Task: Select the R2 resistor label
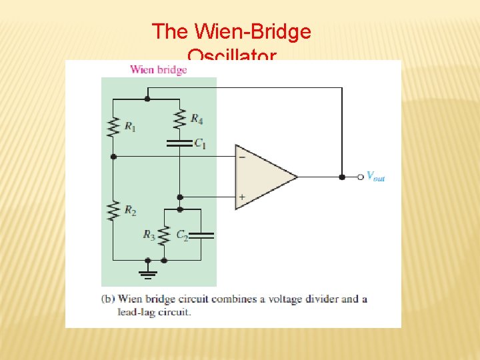130,211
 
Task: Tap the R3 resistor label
149,234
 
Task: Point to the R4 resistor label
197,119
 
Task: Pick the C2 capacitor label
181,234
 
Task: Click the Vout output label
375,177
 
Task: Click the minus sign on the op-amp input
241,157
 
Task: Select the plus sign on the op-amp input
241,197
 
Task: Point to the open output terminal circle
361,177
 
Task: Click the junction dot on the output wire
342,177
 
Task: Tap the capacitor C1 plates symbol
179,142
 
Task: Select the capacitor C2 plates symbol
203,235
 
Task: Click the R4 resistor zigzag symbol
179,119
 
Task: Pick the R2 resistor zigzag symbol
113,211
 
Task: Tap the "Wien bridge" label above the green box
158,69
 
